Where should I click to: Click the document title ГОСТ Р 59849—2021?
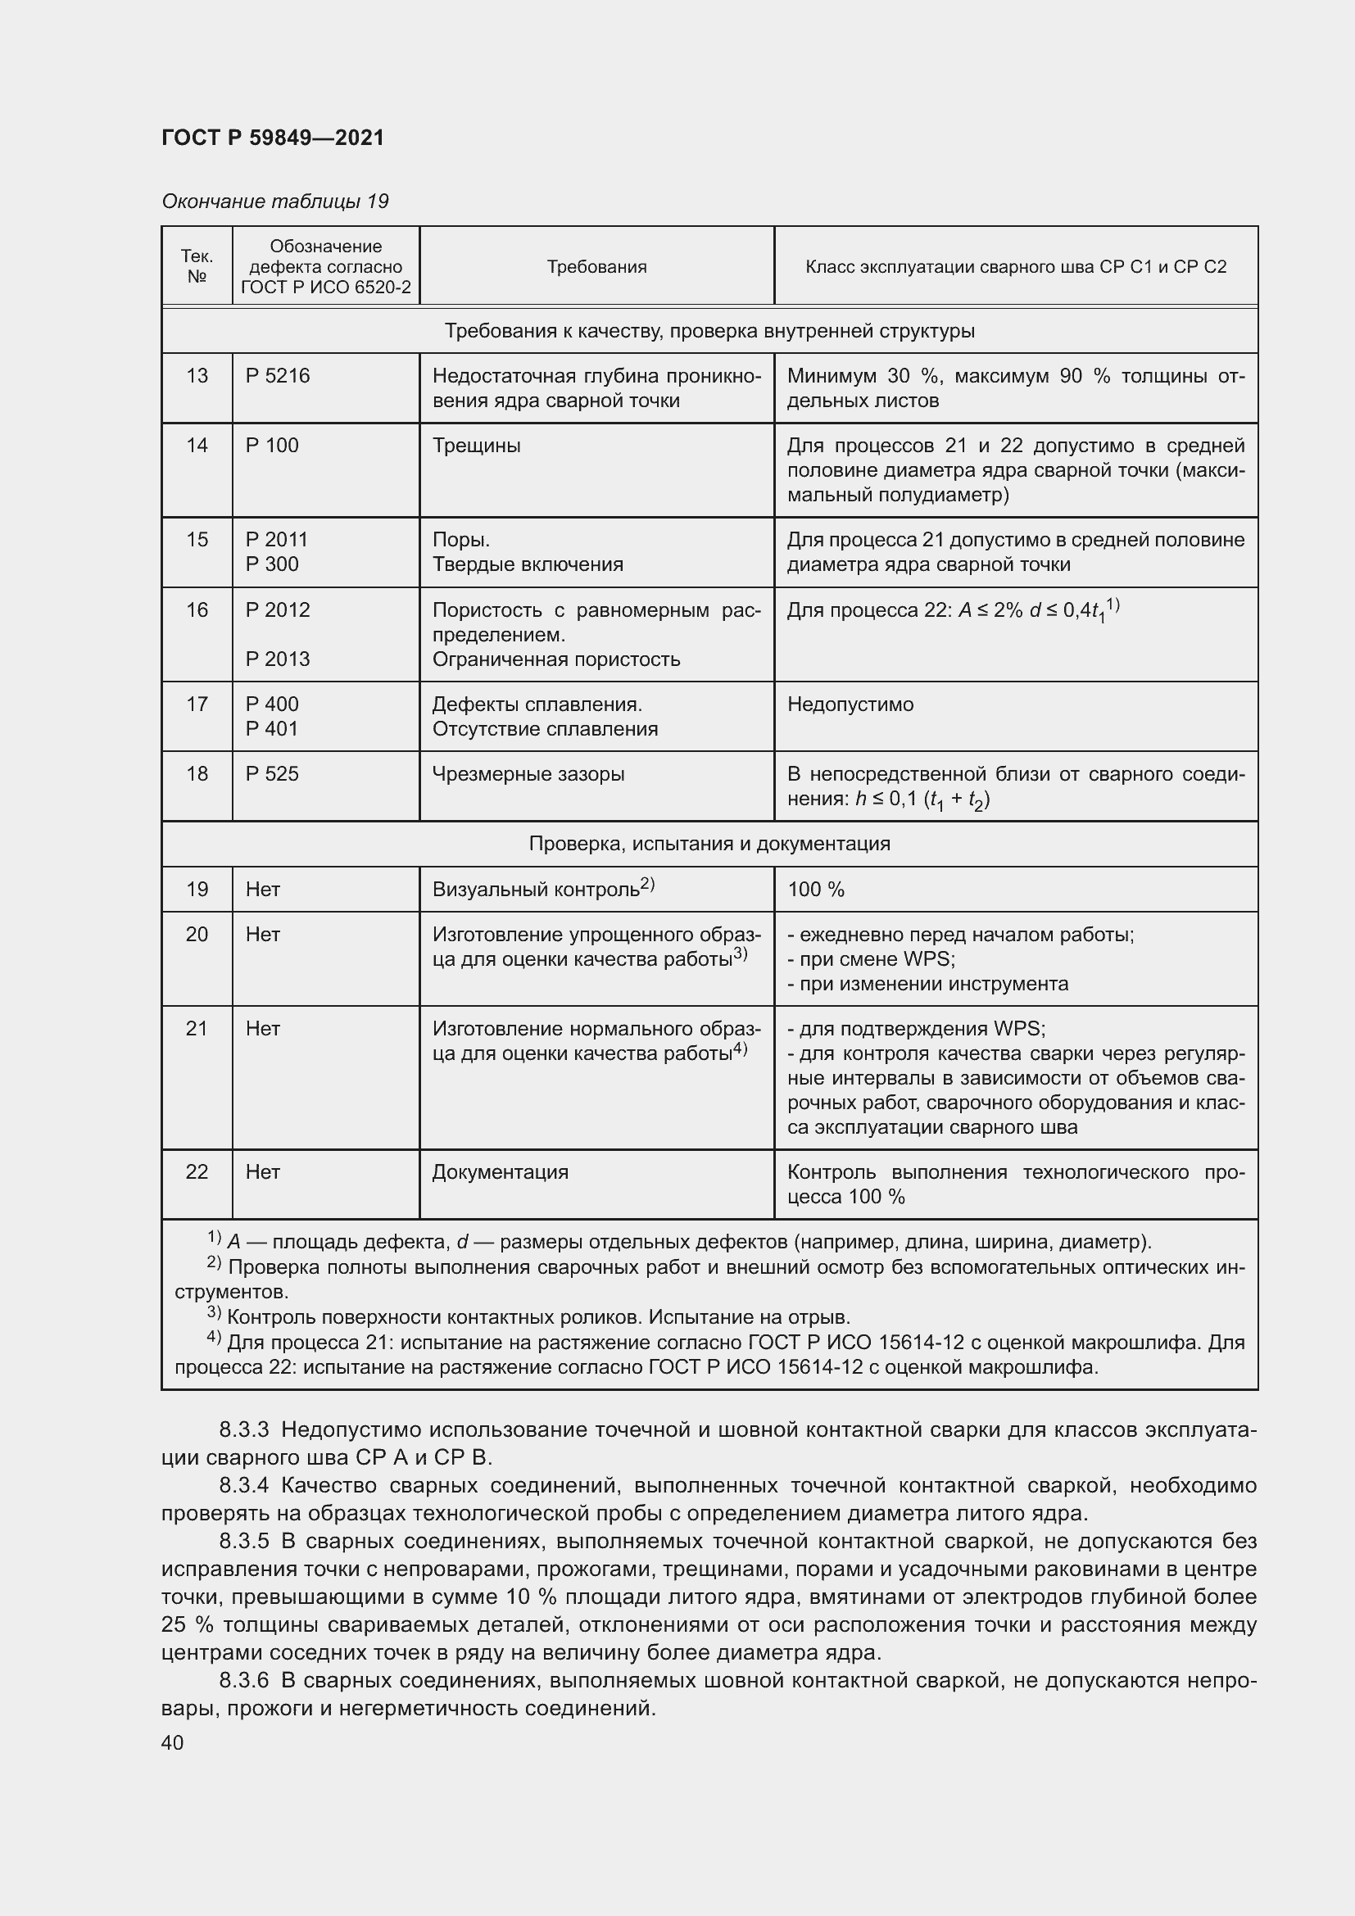tap(273, 138)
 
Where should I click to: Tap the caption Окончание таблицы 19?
tap(274, 202)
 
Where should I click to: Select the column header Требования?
tap(596, 267)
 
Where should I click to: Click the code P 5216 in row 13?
tap(277, 375)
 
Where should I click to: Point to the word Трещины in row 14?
tap(477, 446)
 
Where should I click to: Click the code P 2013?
tap(277, 659)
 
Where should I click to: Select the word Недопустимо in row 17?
tap(850, 704)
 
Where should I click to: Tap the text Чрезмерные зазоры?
tap(528, 774)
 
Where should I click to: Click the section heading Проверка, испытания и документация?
tap(709, 844)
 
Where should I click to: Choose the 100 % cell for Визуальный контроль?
tap(816, 890)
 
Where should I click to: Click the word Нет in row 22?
tap(263, 1172)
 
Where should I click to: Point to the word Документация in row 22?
tap(500, 1172)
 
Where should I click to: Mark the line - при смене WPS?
tap(871, 959)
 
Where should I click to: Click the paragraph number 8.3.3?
tap(243, 1429)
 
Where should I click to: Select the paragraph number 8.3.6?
tap(243, 1680)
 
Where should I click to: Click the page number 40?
tap(173, 1742)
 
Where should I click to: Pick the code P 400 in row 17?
tap(272, 704)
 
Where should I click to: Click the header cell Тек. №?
tap(197, 266)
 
